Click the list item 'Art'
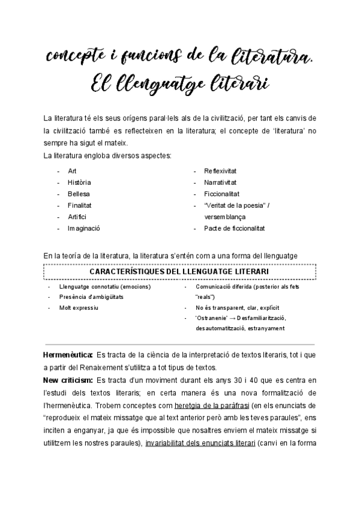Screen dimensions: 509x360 [x=72, y=170]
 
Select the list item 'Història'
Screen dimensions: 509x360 [x=79, y=182]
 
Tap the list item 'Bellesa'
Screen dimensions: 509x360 [x=78, y=193]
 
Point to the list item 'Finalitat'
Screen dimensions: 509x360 [x=79, y=205]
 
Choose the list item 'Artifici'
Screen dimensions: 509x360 [x=77, y=216]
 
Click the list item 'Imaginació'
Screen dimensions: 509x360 [x=83, y=228]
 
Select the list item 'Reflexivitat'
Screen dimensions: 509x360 [x=220, y=170]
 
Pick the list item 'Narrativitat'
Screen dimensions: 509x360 [x=220, y=182]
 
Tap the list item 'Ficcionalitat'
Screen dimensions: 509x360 [x=221, y=193]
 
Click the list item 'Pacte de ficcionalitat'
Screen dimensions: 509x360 [x=235, y=228]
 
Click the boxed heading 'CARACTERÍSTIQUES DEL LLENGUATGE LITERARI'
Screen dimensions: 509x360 [x=179, y=272]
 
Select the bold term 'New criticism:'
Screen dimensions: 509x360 [x=68, y=380]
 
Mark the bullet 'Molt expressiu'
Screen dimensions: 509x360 [x=79, y=307]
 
